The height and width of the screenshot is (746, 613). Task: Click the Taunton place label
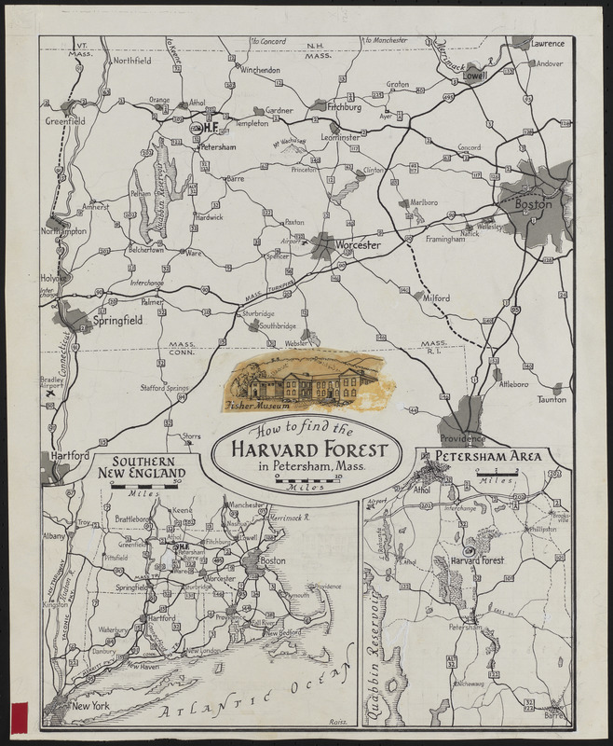551,399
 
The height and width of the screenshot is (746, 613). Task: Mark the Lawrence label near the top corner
548,44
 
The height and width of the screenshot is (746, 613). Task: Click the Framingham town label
445,240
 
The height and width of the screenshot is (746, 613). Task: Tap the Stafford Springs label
164,387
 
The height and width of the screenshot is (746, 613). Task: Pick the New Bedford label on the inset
287,633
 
